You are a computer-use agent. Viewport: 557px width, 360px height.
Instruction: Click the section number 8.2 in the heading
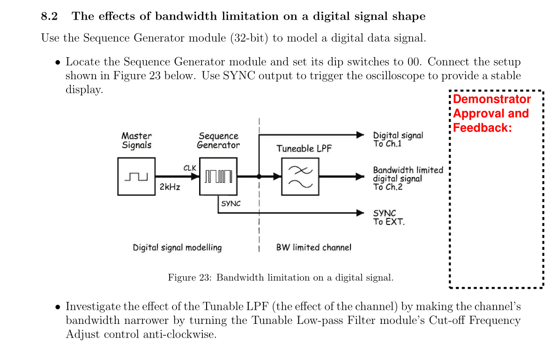[x=49, y=16]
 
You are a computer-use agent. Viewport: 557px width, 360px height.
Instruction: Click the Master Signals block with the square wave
[x=136, y=176]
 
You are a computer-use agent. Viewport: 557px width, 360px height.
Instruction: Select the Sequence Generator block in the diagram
[x=218, y=176]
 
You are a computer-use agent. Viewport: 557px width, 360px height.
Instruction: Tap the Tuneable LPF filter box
[x=300, y=176]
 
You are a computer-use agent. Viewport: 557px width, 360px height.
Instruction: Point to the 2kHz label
[x=170, y=187]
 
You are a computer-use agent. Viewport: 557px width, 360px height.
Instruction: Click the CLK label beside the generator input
[x=190, y=167]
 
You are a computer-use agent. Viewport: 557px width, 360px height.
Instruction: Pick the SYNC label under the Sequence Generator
[x=230, y=203]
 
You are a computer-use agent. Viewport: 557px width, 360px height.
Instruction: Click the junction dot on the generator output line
[x=259, y=177]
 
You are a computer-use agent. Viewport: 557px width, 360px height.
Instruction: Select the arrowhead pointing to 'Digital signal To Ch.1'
[x=360, y=135]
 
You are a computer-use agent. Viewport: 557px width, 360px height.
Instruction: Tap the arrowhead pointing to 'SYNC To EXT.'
[x=360, y=213]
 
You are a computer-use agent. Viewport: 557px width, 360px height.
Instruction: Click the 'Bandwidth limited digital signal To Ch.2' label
[x=408, y=178]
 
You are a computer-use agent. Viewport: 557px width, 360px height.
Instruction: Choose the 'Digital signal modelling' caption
[x=177, y=247]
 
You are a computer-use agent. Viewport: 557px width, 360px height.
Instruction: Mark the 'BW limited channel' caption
[x=313, y=247]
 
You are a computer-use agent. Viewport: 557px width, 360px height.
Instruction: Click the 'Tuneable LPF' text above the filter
[x=304, y=149]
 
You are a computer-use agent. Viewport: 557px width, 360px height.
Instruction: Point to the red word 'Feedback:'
[x=483, y=127]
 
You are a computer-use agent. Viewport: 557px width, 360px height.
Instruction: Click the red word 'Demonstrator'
[x=492, y=99]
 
